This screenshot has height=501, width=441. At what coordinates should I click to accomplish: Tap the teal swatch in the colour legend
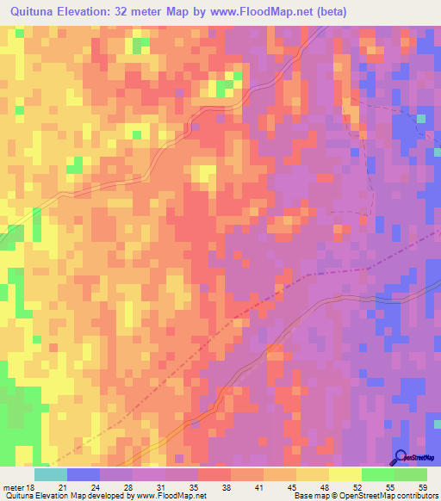click(51, 474)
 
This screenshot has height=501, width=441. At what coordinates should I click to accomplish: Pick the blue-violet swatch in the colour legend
click(84, 474)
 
